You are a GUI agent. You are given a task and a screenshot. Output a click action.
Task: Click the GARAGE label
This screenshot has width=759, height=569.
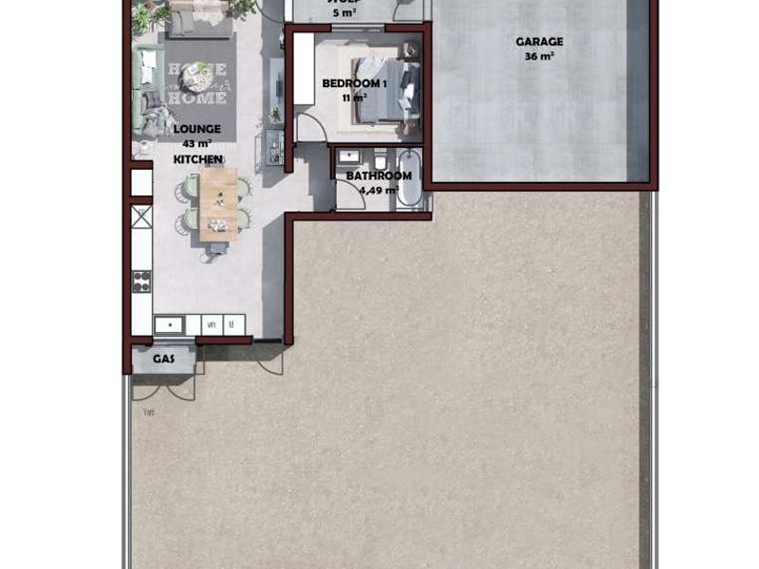coord(539,42)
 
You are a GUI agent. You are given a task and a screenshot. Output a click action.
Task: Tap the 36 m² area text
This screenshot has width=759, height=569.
coord(539,56)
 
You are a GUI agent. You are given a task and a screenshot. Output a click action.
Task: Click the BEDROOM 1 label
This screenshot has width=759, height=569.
coord(355,83)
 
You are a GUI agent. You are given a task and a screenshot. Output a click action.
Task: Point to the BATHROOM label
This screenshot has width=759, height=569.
coord(379,175)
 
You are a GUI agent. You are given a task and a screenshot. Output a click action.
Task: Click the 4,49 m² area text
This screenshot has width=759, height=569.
coord(379,189)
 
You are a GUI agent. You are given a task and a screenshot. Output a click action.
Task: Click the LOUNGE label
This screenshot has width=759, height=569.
coord(197,129)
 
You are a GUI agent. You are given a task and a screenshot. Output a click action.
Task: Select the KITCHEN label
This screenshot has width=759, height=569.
coord(197,159)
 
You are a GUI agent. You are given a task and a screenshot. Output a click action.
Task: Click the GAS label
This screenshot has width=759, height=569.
coord(163,359)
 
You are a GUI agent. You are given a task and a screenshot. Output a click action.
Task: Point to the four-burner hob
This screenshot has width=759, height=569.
coord(141,280)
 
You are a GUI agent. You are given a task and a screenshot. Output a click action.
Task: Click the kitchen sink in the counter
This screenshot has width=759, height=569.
coord(168,324)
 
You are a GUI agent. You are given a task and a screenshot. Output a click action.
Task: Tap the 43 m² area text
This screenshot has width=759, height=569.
coord(197,144)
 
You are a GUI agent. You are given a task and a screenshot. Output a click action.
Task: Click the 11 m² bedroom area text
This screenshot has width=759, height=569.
coord(355,98)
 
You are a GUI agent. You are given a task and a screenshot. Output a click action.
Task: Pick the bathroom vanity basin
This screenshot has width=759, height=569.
coord(348,156)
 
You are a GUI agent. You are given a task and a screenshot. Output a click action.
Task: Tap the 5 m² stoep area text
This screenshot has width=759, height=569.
coord(344,13)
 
